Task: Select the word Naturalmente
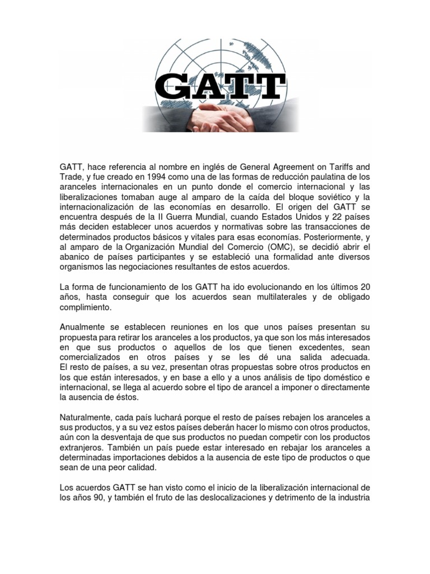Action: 86,418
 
